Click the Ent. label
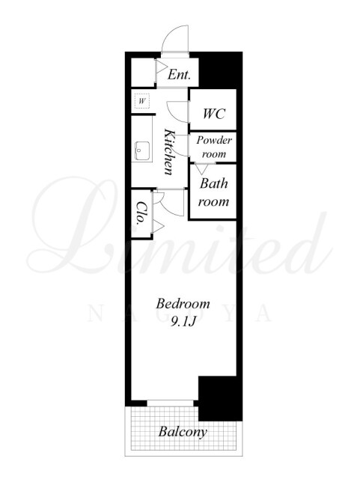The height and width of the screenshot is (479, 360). pos(179,74)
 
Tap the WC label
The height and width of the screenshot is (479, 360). pos(213,114)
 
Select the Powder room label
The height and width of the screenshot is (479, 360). pos(214,147)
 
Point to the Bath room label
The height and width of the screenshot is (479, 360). pos(213,192)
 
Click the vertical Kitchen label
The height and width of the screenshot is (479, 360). pos(169,152)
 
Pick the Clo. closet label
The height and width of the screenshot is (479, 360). pos(140,213)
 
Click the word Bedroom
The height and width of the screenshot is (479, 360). pos(183,304)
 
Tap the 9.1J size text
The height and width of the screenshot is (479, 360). pos(183,321)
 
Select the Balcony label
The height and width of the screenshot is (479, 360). pos(183,433)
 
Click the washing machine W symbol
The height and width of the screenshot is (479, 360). pos(141,101)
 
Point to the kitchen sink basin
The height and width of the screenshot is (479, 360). pos(142,151)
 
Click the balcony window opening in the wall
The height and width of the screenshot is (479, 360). pos(170,403)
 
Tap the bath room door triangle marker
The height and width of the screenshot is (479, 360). pos(201,169)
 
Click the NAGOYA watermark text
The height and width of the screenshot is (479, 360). pos(180,314)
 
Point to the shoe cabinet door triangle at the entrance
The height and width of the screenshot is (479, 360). pos(161,67)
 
